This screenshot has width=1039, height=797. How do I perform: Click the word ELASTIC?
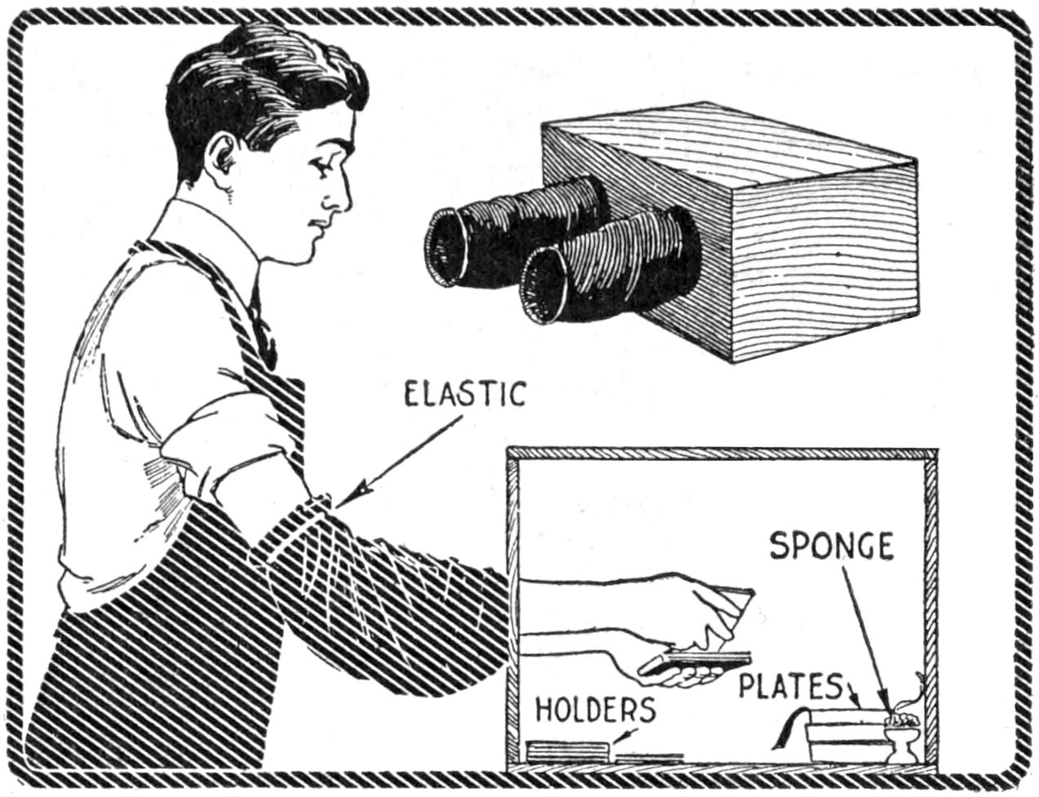(465, 395)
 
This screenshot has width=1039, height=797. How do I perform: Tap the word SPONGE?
(831, 546)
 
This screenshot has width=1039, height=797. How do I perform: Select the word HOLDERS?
(595, 710)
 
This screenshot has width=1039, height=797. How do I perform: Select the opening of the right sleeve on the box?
(543, 286)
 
